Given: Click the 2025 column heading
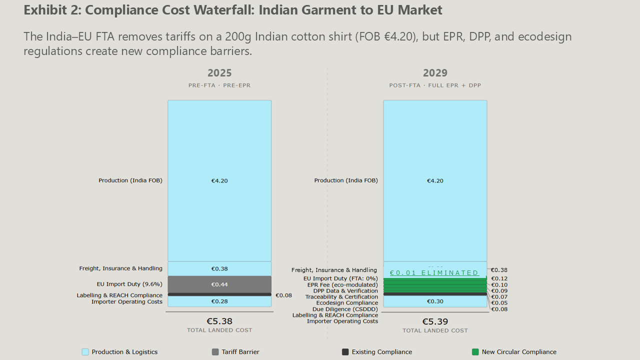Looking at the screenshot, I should [219, 73].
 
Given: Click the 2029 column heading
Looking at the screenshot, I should [435, 73].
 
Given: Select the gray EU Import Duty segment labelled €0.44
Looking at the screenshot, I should [219, 284].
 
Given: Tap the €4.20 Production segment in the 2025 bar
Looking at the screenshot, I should [219, 181].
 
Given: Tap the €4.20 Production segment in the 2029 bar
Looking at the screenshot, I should [435, 181].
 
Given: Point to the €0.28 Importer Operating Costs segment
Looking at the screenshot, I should [219, 301].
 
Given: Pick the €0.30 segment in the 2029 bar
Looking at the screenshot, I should [435, 301].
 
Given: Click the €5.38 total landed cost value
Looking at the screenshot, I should [219, 321].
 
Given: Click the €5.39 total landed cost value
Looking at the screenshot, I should [435, 321].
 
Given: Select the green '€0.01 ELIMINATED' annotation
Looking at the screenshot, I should [434, 273].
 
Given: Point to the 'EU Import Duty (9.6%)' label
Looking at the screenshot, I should [129, 284].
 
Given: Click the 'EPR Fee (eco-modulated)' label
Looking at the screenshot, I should [342, 285].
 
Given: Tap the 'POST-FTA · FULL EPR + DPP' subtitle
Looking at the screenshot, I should [435, 85].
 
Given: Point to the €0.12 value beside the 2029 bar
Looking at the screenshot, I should [499, 279].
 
